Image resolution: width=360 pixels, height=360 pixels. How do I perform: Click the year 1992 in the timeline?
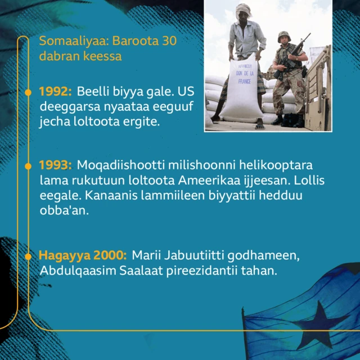55,92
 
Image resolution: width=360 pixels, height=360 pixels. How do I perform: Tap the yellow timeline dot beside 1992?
28,91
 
